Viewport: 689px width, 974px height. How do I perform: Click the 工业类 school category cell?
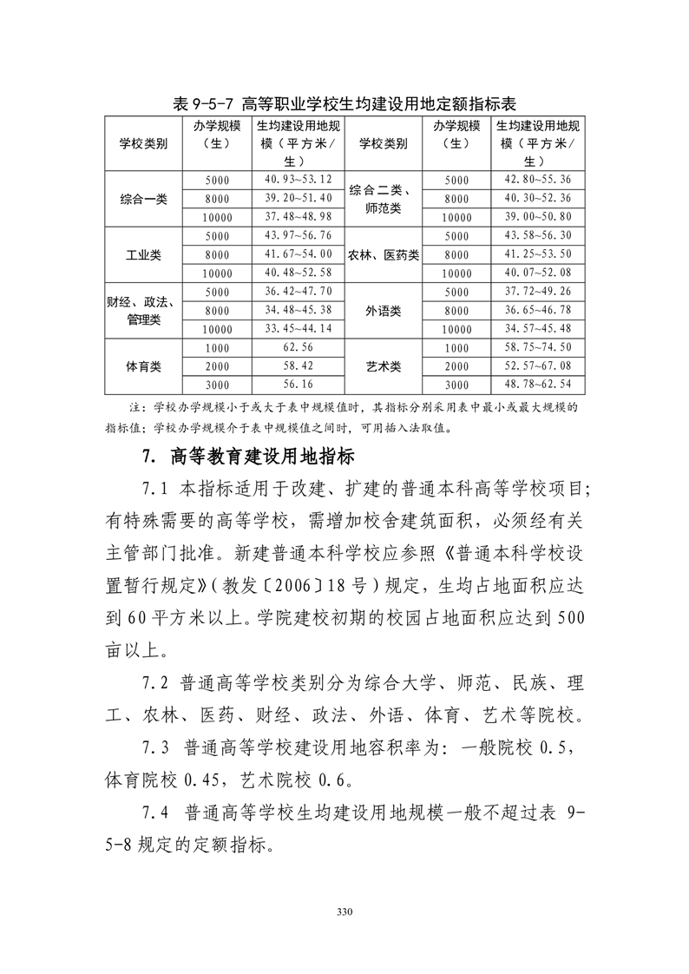tap(143, 254)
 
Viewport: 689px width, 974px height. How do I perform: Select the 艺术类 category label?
tap(383, 366)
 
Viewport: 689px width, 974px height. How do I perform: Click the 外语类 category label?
tap(383, 310)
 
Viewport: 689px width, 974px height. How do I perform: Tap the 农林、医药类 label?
tap(383, 254)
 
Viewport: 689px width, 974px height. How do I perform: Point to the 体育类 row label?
tap(143, 366)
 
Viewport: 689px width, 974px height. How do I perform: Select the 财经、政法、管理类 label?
tap(143, 310)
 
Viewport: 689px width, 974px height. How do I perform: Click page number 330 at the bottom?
tap(344, 912)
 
